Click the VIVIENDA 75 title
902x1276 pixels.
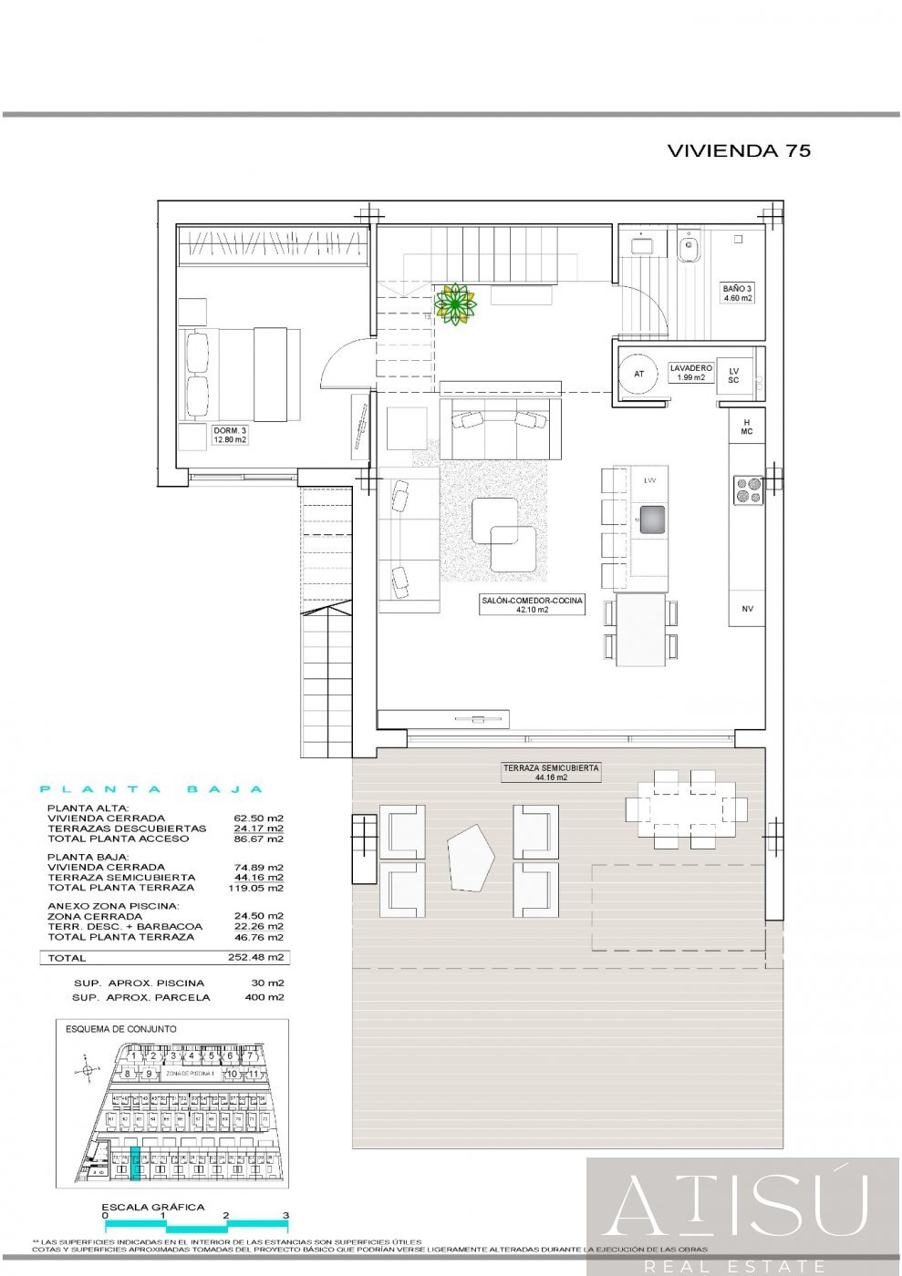[x=739, y=151]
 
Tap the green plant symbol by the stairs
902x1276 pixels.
[x=455, y=304]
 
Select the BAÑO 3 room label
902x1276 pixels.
[x=738, y=293]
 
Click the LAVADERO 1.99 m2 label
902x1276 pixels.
[x=690, y=373]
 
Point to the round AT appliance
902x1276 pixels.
[x=638, y=374]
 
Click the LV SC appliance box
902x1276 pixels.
[x=733, y=375]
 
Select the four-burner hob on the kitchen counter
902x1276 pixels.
[x=749, y=490]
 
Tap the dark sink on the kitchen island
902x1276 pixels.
[x=650, y=520]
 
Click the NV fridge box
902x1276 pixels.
[x=747, y=609]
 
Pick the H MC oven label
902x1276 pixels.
[x=747, y=427]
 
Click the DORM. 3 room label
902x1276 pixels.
[x=230, y=435]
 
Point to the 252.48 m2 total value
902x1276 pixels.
[x=255, y=958]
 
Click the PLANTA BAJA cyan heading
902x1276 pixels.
[x=152, y=789]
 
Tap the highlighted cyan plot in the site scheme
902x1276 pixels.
[x=136, y=1164]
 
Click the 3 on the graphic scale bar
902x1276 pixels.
[x=285, y=1215]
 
